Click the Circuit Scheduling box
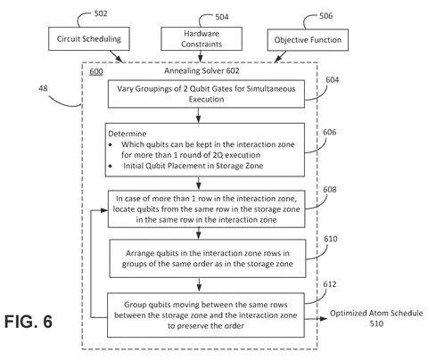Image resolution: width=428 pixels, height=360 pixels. pos(89,38)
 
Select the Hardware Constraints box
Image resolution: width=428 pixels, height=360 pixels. pos(202,38)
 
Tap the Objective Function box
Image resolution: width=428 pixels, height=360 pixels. pos(308,40)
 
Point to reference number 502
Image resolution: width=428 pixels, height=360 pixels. pos(101,13)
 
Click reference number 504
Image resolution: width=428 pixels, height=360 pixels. pos(222,17)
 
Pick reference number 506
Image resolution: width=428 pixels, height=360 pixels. pos(325,16)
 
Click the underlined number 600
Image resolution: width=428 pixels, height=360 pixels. pos(96,71)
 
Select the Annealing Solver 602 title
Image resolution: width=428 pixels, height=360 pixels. pos(202,70)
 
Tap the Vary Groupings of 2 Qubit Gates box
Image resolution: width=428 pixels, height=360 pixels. pos(206,94)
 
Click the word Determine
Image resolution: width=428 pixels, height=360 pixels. pos(128,134)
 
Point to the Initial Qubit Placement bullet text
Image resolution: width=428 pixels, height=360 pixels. pos(193,166)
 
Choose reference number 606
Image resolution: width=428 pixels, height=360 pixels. pos(330,132)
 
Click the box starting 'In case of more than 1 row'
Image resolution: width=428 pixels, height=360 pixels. pos(206,209)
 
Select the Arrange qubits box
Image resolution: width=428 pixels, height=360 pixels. pos(208,258)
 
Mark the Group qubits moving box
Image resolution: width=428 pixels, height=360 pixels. pos(206,315)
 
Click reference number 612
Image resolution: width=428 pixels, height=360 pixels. pos(330,284)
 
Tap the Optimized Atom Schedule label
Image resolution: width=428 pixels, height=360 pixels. pos(376,318)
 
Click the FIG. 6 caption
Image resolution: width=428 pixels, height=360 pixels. pos(29,322)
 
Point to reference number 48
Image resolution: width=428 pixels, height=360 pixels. pos(43,88)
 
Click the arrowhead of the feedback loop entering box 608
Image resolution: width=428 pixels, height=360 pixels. pos(104,210)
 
